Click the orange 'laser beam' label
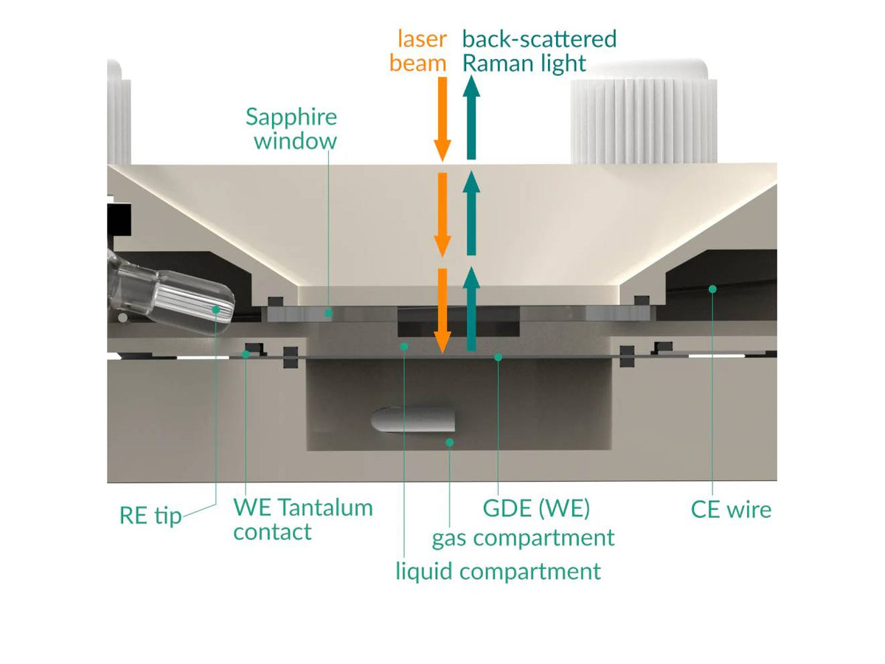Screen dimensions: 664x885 [x=418, y=50]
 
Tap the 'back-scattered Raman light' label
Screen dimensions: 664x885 [x=538, y=50]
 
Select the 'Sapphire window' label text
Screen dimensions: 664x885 [x=292, y=128]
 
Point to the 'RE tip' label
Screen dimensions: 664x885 [x=150, y=515]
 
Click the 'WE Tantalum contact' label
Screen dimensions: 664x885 [x=302, y=519]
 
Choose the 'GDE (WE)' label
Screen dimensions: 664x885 [x=536, y=509]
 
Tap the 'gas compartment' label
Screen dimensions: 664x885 [x=523, y=538]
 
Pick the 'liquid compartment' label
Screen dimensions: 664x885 [x=498, y=570]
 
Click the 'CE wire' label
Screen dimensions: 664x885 [x=731, y=509]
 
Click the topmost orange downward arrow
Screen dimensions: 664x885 [x=442, y=118]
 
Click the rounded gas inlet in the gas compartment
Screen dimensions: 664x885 [x=413, y=419]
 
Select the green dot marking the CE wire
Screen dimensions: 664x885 [x=712, y=288]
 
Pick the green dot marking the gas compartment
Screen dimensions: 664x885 [x=449, y=442]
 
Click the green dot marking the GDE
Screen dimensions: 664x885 [x=499, y=357]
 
